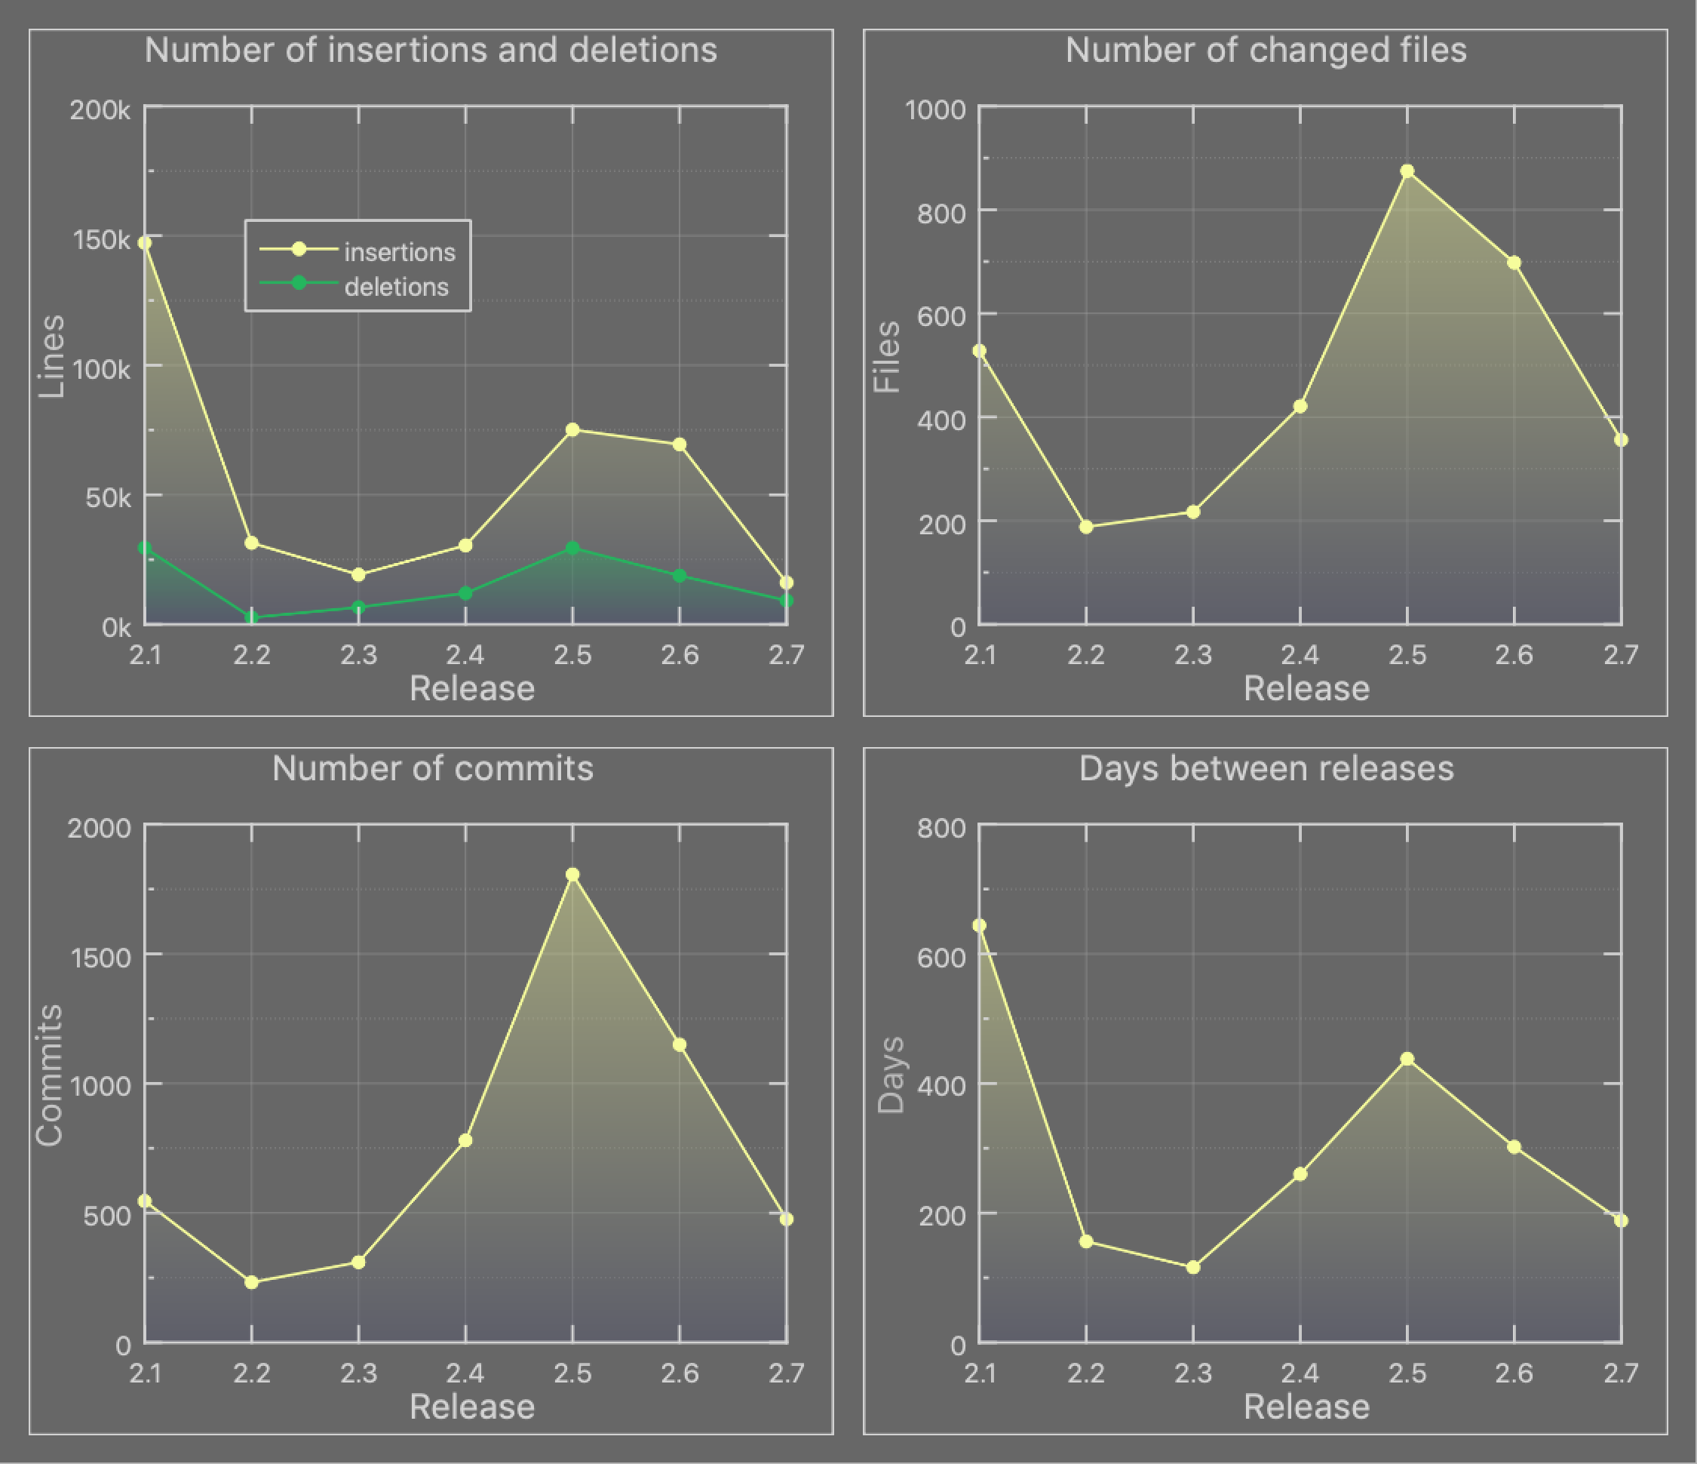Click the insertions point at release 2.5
[x=572, y=430]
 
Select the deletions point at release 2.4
[x=465, y=593]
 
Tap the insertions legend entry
[x=399, y=251]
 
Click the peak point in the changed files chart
[x=1407, y=171]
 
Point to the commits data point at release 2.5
[x=572, y=875]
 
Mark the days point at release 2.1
[x=980, y=926]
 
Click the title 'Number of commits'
[x=432, y=768]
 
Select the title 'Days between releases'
[x=1266, y=768]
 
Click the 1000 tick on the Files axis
[x=935, y=109]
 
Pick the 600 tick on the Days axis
[x=941, y=957]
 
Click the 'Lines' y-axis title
[x=51, y=356]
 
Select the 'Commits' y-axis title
[x=50, y=1075]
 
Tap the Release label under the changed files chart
[x=1306, y=688]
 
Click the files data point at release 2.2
[x=1086, y=527]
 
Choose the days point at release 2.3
[x=1193, y=1267]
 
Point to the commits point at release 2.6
[x=679, y=1044]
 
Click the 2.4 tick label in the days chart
[x=1300, y=1372]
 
